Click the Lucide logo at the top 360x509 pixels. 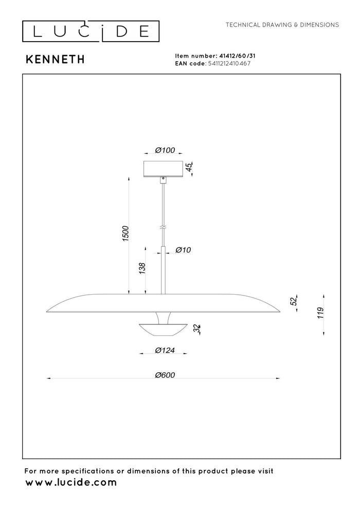(91, 31)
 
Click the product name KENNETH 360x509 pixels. (55, 60)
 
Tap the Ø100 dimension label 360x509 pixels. (165, 150)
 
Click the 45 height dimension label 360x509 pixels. (189, 168)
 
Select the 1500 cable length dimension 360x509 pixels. (125, 233)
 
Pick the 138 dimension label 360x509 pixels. (142, 268)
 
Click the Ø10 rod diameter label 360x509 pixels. (183, 250)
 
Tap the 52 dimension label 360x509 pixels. (294, 301)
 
